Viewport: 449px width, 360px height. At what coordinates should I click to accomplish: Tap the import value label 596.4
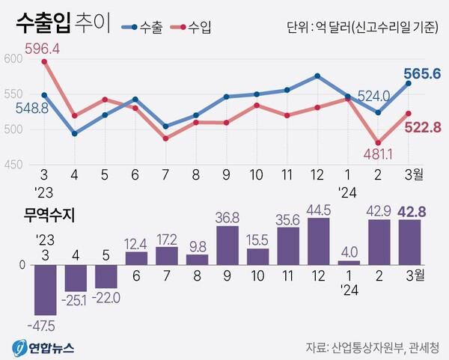pyautogui.click(x=43, y=49)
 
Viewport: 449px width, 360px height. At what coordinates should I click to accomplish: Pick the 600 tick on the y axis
pyautogui.click(x=14, y=60)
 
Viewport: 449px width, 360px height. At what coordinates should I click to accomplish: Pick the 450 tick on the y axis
pyautogui.click(x=14, y=163)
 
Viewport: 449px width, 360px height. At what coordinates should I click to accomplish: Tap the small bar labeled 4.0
pyautogui.click(x=349, y=262)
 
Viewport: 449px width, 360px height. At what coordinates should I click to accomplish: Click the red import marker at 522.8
pyautogui.click(x=408, y=113)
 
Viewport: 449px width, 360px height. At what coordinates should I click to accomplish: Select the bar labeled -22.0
pyautogui.click(x=106, y=276)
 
